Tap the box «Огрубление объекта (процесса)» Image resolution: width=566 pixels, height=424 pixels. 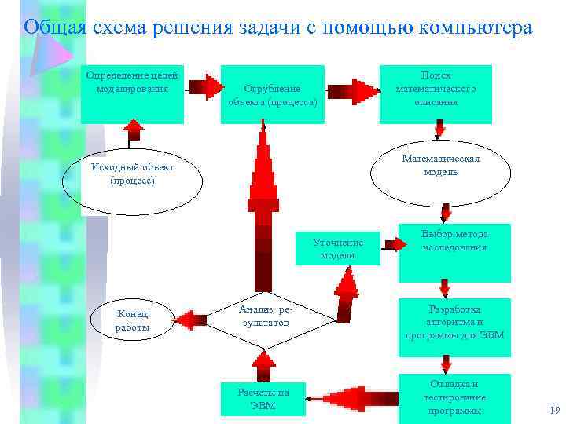point(273,95)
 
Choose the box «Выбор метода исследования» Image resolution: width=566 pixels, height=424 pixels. point(454,252)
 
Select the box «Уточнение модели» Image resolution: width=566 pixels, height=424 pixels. point(338,248)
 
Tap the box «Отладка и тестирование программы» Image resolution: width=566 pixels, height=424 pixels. point(454,397)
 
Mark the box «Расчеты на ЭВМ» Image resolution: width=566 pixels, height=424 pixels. point(263,398)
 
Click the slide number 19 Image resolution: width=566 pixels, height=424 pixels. point(552,411)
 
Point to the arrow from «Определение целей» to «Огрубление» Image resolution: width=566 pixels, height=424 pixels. point(204,86)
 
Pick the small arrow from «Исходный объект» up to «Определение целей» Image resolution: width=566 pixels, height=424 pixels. point(134,134)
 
